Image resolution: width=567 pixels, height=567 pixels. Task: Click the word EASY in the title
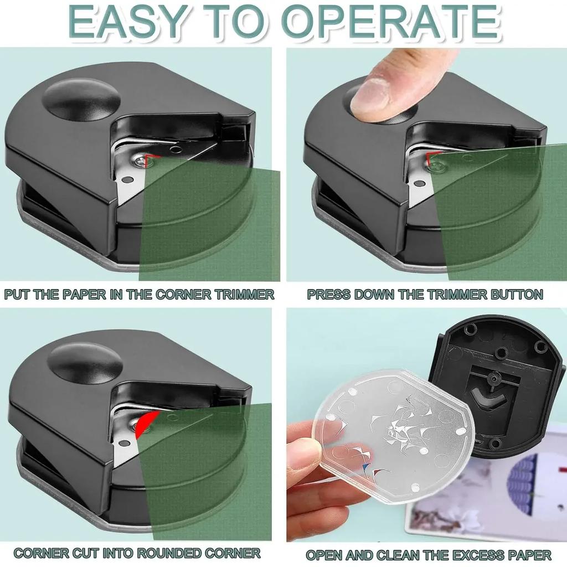coord(125,22)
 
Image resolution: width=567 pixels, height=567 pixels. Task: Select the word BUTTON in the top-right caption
coord(517,294)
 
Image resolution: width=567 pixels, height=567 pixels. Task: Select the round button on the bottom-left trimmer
coord(85,362)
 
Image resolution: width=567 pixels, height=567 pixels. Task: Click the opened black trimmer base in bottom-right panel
coord(498,382)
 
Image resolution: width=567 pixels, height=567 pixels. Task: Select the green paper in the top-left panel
coord(210,221)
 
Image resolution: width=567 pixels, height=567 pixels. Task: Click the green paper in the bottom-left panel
coord(205,476)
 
